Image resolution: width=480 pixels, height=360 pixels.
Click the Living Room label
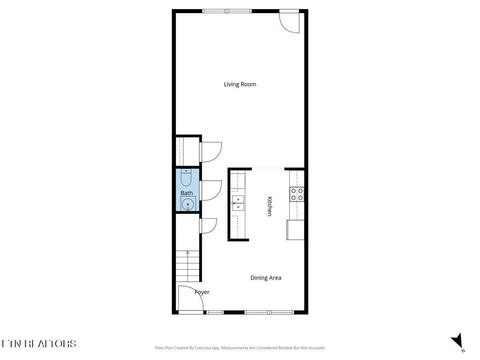coord(240,85)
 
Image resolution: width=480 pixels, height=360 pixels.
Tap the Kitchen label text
coord(269,205)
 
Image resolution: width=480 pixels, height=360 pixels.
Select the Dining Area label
coord(264,278)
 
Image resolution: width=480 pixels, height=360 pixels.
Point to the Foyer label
coord(201,292)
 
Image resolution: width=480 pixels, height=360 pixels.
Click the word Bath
coord(186,193)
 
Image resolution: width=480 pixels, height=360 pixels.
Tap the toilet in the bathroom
coord(187,175)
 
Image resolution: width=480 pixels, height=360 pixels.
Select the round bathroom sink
coord(187,204)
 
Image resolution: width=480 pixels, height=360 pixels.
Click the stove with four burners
coord(296,195)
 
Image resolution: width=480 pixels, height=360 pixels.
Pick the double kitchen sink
coord(237,204)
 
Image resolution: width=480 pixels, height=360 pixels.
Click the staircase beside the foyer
coord(187,267)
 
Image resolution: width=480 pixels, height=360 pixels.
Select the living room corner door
coord(289,21)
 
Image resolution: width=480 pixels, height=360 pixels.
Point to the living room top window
coord(226,11)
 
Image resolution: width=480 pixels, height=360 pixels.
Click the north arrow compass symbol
coord(457,342)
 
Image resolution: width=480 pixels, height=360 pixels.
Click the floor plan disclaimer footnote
coord(239,348)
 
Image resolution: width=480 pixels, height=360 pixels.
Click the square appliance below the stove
coord(295,230)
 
